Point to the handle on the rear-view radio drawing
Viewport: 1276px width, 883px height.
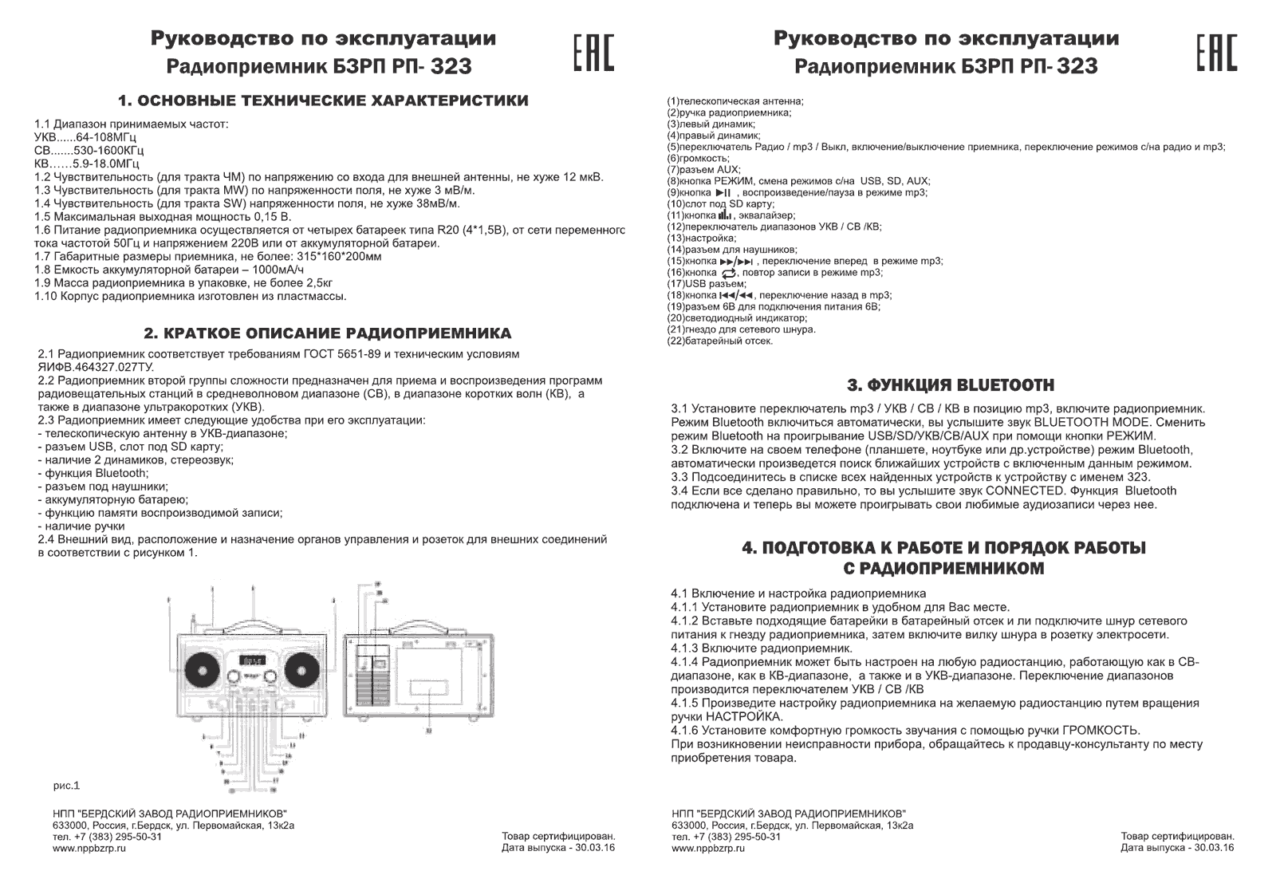click(x=420, y=627)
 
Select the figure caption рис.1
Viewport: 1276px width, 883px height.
click(x=67, y=786)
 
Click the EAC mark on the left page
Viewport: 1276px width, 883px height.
click(x=594, y=53)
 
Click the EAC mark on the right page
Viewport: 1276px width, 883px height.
click(x=1216, y=53)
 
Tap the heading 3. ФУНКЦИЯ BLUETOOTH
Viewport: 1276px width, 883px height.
click(x=950, y=385)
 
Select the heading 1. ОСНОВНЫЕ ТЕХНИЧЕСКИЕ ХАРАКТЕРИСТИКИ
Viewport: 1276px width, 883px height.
click(x=323, y=101)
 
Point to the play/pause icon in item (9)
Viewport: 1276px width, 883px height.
click(x=723, y=193)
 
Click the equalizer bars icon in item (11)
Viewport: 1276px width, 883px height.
click(x=725, y=215)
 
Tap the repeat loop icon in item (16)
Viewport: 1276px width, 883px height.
click(x=726, y=273)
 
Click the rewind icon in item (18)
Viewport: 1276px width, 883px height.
click(x=735, y=296)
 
